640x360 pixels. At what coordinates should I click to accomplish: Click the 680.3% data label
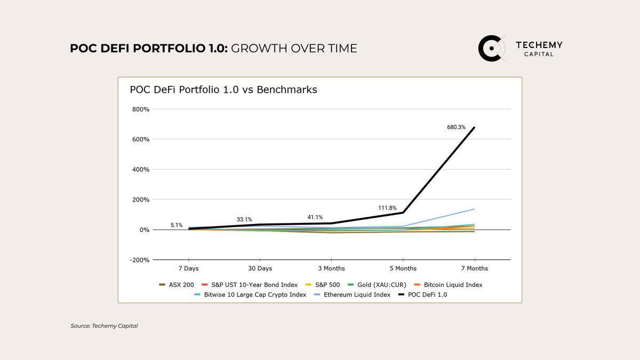coord(456,127)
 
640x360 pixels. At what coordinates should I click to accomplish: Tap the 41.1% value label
coord(315,217)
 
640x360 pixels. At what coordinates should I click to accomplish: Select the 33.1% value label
coord(244,219)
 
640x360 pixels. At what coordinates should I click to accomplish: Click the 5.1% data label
coord(177,225)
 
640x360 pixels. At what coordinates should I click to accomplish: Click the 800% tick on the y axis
coord(141,109)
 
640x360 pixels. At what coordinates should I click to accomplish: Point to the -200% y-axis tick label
coord(140,260)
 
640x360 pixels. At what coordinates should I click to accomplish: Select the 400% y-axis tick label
coord(141,170)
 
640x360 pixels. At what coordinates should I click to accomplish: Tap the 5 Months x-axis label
coord(403,268)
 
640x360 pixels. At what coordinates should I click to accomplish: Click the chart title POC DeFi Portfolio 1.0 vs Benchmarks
coord(223,90)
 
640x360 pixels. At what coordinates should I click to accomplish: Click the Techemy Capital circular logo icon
coord(491,49)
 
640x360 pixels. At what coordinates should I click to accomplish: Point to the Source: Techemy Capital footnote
coord(104,326)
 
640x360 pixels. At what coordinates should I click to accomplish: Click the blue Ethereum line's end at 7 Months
coord(474,209)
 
